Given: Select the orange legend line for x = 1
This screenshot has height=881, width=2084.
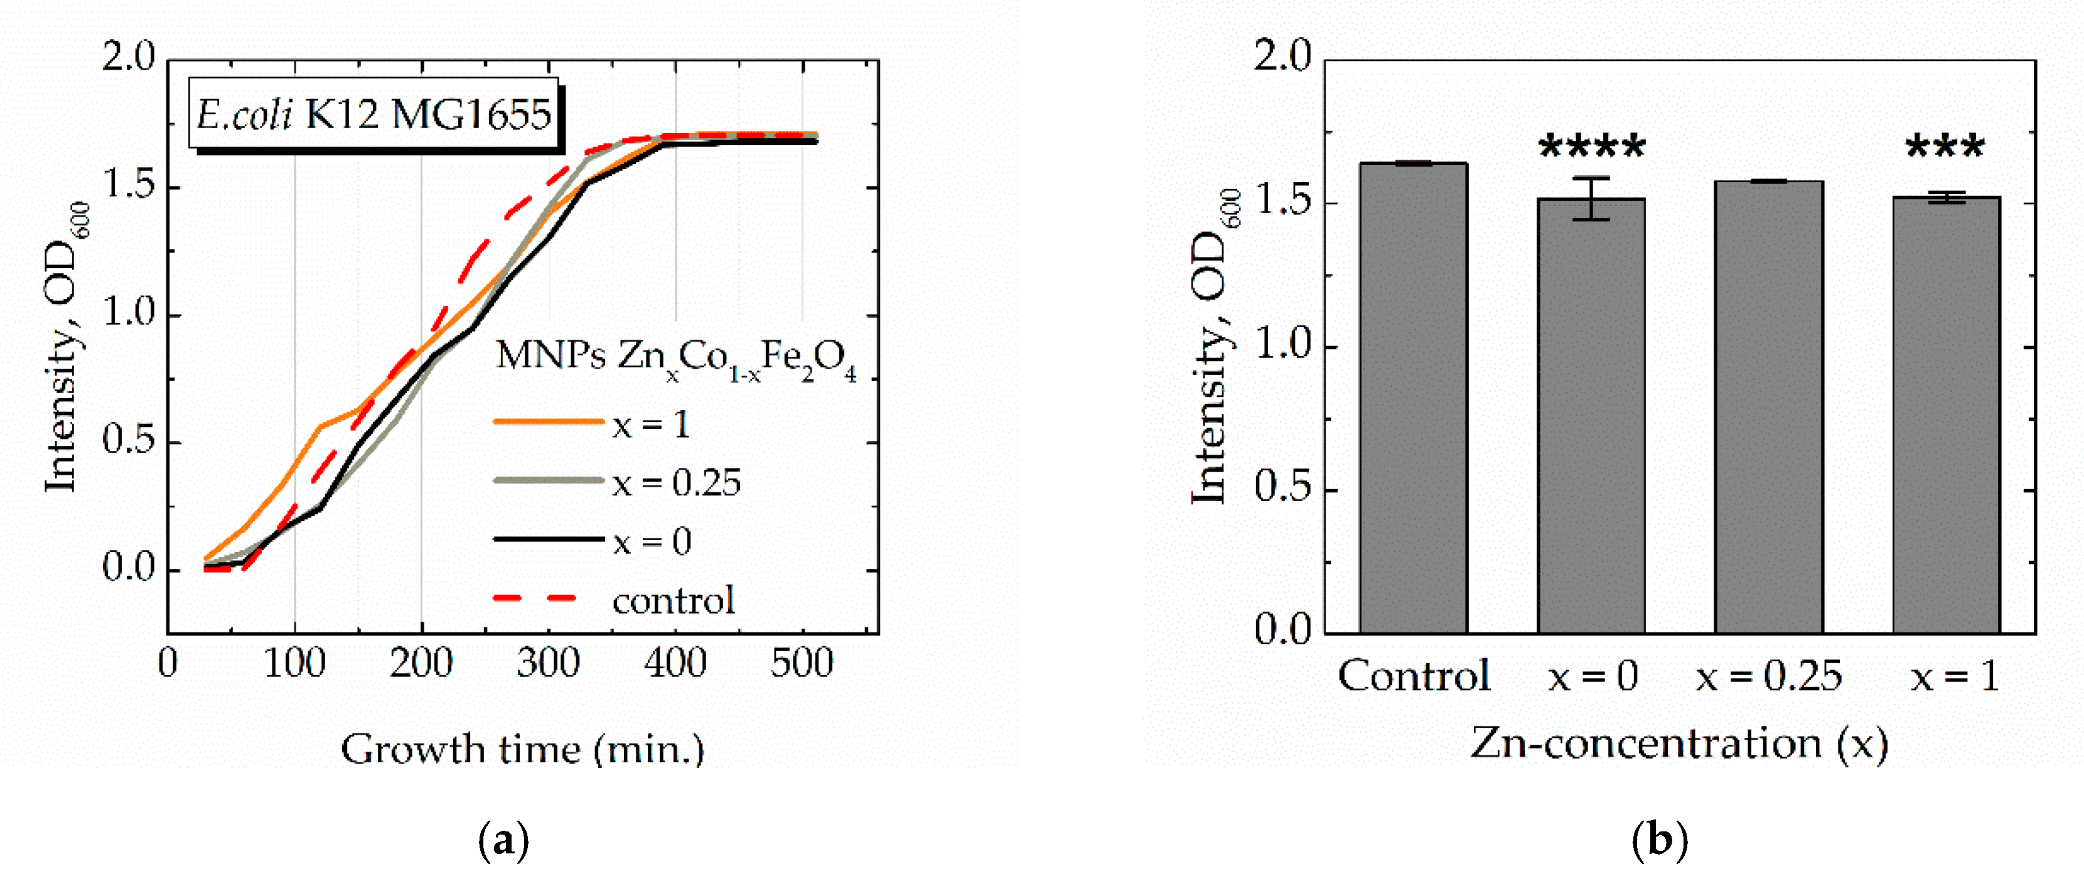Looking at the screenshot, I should pyautogui.click(x=549, y=421).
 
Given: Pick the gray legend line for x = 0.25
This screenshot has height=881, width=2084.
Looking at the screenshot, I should pyautogui.click(x=549, y=480).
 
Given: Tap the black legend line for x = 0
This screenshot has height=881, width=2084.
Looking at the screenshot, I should pyautogui.click(x=549, y=539).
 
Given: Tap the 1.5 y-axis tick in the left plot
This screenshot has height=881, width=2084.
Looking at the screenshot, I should pyautogui.click(x=129, y=186).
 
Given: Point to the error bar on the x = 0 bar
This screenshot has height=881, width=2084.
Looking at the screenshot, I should pyautogui.click(x=1591, y=198).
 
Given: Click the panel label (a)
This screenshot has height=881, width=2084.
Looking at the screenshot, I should pyautogui.click(x=503, y=841).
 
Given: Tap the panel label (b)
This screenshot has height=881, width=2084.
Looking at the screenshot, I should pyautogui.click(x=1659, y=841).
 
